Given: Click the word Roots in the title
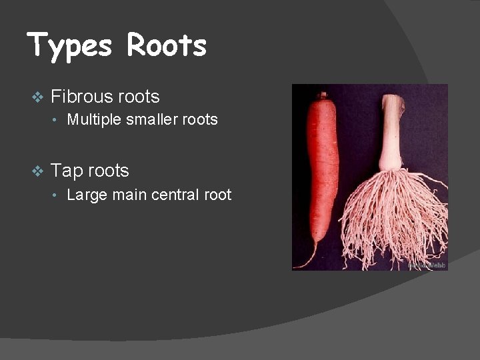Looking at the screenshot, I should coord(167,45).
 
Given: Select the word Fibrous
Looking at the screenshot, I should coord(81,97).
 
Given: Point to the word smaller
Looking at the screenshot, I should coord(151,120).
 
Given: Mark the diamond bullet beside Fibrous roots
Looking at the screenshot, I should coord(37,97).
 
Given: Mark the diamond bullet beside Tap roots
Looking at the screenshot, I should coord(37,171).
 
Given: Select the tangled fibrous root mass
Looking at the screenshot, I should coord(393,213).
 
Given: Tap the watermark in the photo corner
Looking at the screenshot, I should coord(427,265).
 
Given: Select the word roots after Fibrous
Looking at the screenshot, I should coord(139,97).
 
